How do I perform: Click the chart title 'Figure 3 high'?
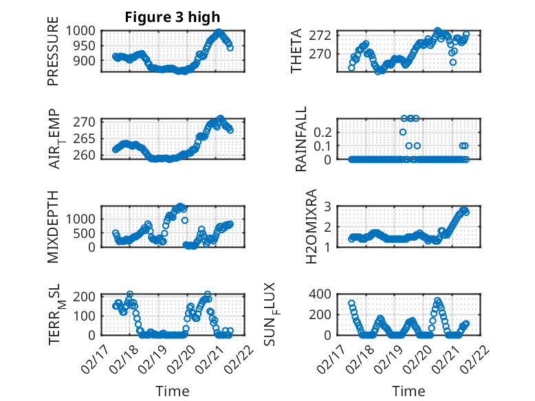coord(173,17)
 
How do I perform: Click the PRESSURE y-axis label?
coord(53,56)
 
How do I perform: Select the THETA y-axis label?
coord(296,51)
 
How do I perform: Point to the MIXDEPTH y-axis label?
coord(53,226)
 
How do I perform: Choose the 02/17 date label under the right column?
coord(340,358)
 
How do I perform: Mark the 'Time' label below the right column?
coord(408,391)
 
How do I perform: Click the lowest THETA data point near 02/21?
coord(453,62)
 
